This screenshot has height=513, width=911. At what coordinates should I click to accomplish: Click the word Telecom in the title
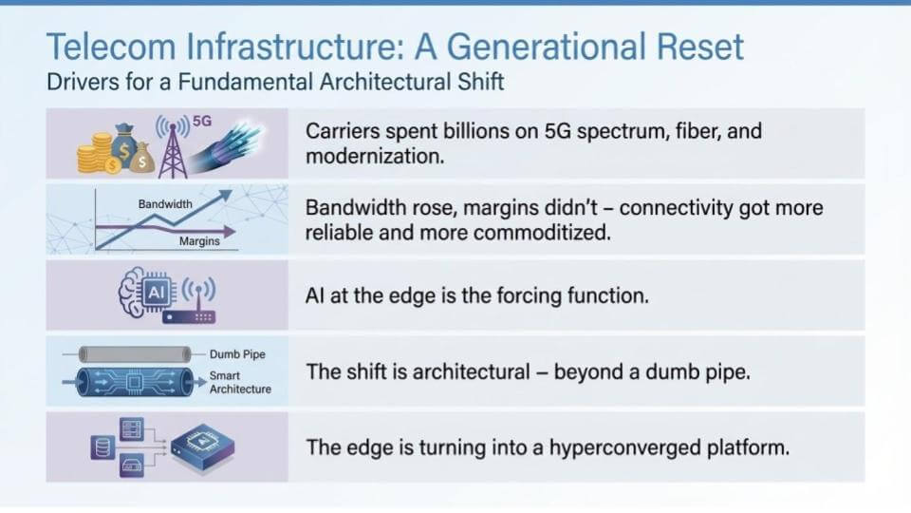(x=111, y=47)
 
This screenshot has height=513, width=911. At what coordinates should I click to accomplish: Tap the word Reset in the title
(x=699, y=47)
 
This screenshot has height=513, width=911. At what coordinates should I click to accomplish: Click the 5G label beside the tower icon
(x=202, y=121)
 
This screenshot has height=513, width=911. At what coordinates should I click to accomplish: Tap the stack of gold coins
(x=95, y=153)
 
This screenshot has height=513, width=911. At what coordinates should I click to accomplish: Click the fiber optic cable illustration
(x=227, y=148)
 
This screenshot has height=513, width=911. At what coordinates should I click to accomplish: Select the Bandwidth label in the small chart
(x=165, y=204)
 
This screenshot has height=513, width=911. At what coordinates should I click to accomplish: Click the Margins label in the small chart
(x=199, y=240)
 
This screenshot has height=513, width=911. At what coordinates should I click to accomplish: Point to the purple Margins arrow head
(x=230, y=232)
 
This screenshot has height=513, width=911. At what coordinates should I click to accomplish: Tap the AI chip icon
(x=156, y=292)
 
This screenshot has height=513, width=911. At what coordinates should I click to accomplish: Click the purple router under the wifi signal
(x=189, y=317)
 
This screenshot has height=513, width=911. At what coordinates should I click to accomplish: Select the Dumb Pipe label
(x=237, y=354)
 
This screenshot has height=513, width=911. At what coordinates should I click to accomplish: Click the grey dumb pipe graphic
(x=135, y=354)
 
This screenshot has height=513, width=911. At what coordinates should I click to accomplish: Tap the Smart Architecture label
(x=240, y=382)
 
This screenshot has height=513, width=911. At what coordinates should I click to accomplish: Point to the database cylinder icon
(x=102, y=447)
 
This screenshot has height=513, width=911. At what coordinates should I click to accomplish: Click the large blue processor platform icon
(x=203, y=446)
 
